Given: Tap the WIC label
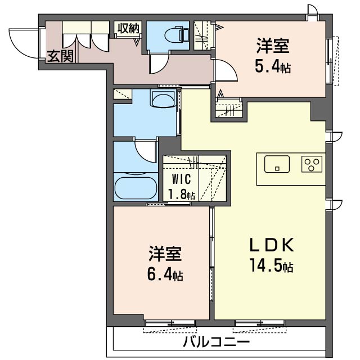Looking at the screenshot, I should pyautogui.click(x=181, y=180).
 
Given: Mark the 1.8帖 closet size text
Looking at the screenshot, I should pyautogui.click(x=181, y=195).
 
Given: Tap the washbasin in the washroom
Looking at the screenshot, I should pyautogui.click(x=163, y=101).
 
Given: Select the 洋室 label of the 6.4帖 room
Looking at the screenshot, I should pyautogui.click(x=165, y=255).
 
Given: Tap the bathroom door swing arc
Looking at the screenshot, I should pyautogui.click(x=147, y=151).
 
